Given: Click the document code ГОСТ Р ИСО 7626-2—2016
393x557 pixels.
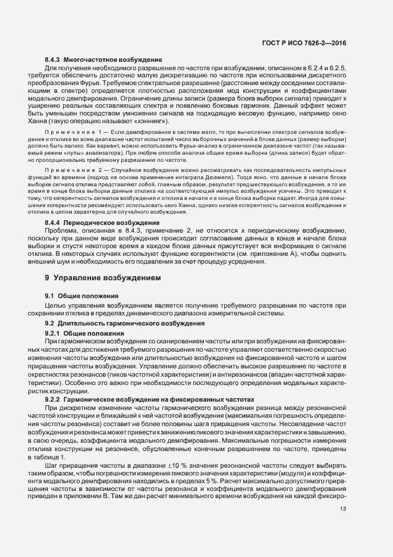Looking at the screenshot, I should click(304, 43).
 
